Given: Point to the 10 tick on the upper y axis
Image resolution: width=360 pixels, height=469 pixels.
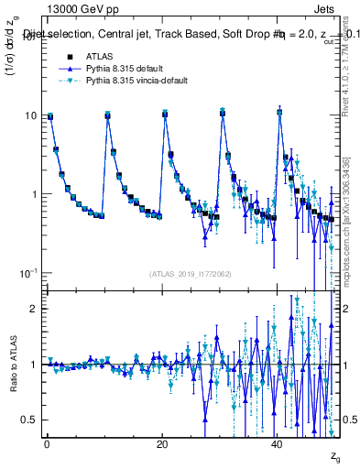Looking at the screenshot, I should (30, 115).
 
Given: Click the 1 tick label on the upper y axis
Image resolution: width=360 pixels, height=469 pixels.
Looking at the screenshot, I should (33, 194).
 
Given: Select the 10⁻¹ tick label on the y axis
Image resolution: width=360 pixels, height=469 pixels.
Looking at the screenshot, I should (28, 273).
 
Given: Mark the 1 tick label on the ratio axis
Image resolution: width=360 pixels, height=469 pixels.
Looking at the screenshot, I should (33, 365).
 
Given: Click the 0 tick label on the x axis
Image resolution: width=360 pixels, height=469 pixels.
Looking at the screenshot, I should (46, 443).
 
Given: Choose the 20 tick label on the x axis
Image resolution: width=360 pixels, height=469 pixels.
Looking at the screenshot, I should (161, 443).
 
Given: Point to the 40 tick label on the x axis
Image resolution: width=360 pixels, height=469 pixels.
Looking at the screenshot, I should (278, 443).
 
